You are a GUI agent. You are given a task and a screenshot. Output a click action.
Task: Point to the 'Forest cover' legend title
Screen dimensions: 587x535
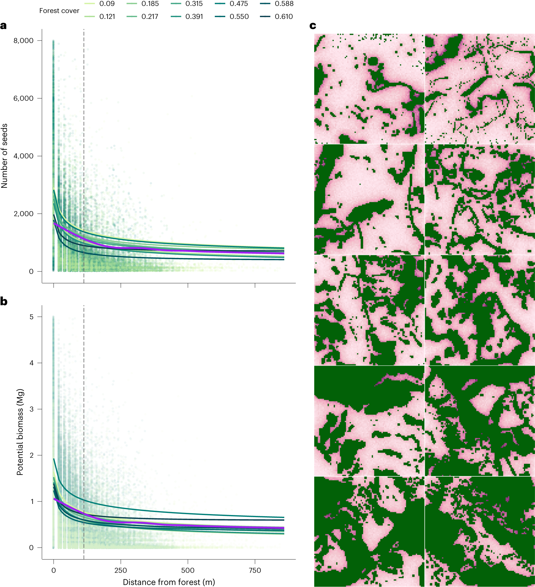pyautogui.click(x=59, y=11)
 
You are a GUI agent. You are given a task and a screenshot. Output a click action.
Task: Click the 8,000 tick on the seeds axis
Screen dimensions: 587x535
pyautogui.click(x=23, y=40)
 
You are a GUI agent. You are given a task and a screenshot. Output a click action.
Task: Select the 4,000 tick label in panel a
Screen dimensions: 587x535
pyautogui.click(x=23, y=156)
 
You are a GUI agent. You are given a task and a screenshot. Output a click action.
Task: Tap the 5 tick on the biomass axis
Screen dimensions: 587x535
pyautogui.click(x=31, y=317)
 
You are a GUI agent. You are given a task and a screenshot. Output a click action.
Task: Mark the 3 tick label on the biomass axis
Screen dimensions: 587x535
pyautogui.click(x=31, y=409)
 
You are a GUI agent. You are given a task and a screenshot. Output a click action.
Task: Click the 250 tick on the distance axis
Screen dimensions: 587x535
pyautogui.click(x=121, y=570)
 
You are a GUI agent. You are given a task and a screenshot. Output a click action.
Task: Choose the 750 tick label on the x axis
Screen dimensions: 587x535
pyautogui.click(x=255, y=570)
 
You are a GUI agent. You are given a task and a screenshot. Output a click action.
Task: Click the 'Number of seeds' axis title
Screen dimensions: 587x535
pyautogui.click(x=4, y=156)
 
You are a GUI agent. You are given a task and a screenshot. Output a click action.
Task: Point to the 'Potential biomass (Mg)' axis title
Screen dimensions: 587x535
pyautogui.click(x=20, y=432)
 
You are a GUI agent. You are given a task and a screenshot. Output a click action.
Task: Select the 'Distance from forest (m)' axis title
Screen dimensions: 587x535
pyautogui.click(x=169, y=582)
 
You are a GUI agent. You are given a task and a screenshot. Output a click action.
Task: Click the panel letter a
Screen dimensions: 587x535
pyautogui.click(x=4, y=26)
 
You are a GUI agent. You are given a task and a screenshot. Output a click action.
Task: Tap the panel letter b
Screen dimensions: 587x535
pyautogui.click(x=4, y=301)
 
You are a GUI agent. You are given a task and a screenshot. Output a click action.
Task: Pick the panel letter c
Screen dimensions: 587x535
pyautogui.click(x=313, y=26)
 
